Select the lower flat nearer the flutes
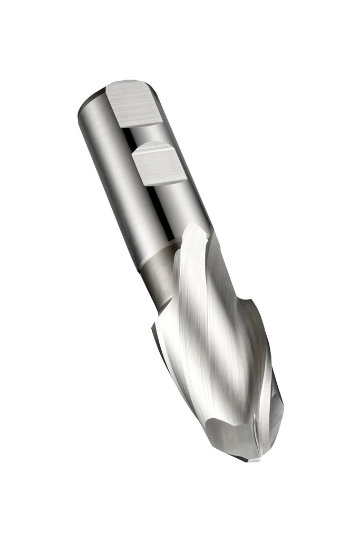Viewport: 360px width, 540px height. pos(159,163)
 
